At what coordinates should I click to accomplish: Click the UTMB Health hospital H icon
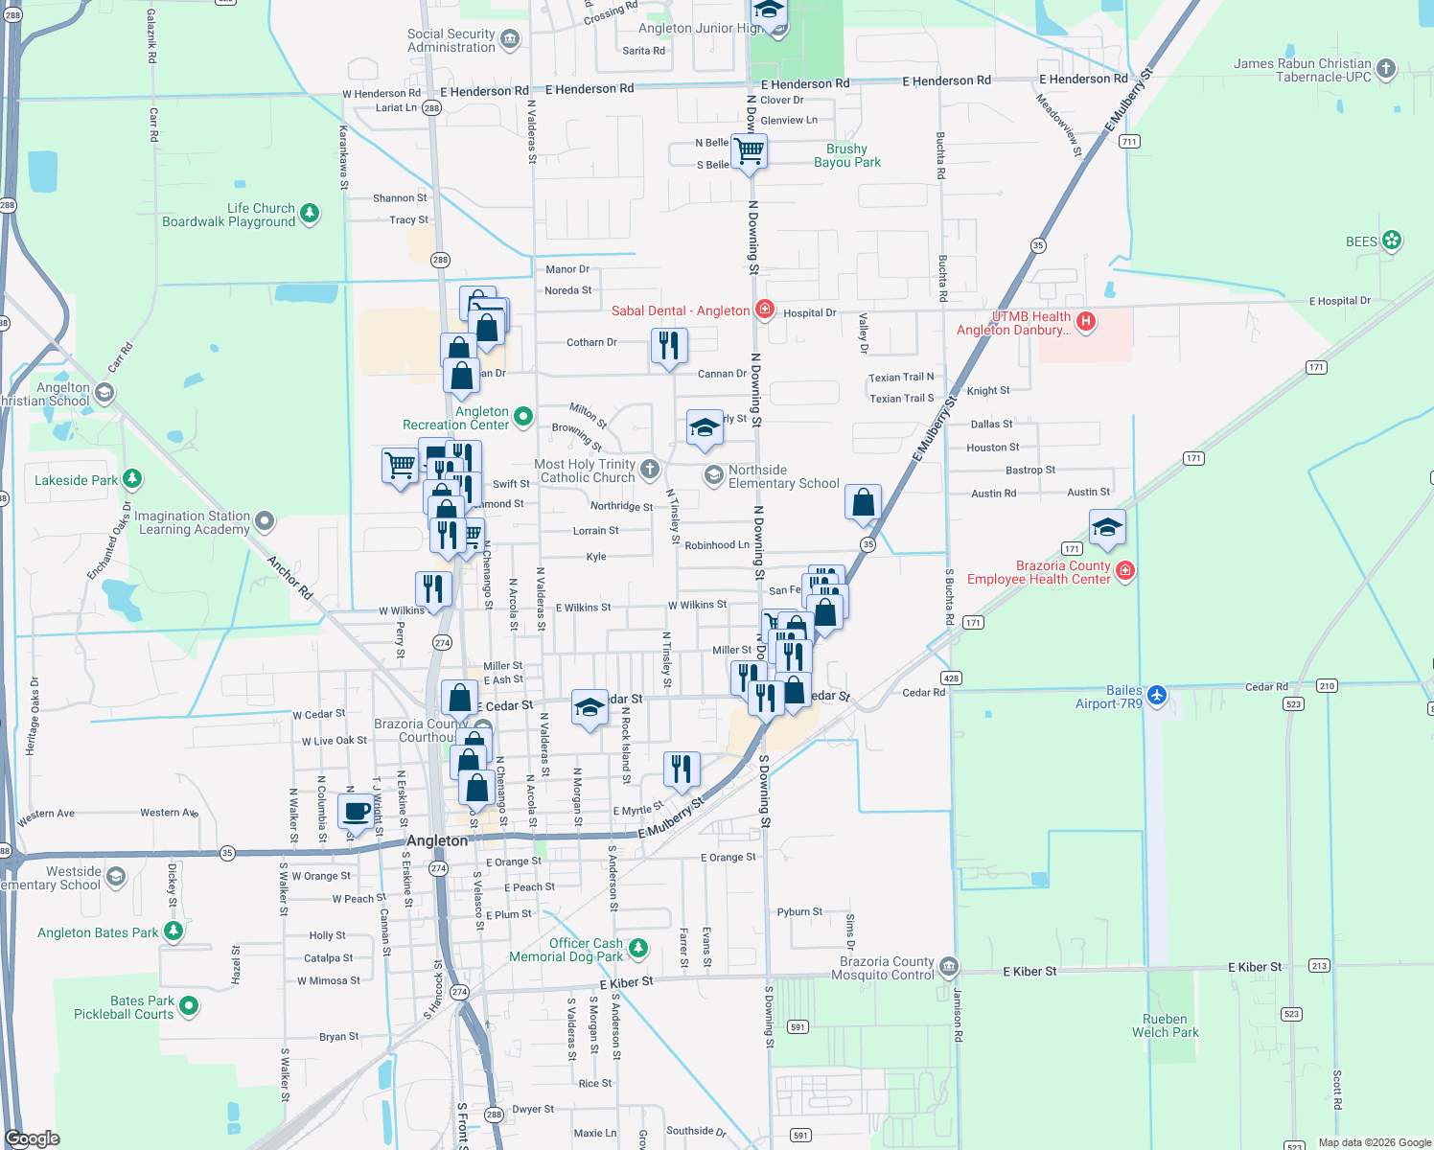point(1085,321)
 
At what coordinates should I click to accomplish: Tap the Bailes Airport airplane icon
point(1157,695)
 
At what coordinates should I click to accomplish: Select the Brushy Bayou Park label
point(846,155)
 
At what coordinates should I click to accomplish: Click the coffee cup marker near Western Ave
point(357,811)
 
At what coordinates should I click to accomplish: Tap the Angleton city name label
point(437,840)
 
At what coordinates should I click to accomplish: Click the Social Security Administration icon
point(510,39)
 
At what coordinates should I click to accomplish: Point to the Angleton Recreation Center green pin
point(522,416)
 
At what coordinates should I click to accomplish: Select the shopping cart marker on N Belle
point(749,150)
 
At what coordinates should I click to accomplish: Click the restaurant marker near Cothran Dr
point(669,344)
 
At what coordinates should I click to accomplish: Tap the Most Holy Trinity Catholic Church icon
point(650,469)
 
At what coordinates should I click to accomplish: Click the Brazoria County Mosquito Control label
point(887,968)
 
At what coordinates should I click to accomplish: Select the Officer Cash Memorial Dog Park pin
point(637,949)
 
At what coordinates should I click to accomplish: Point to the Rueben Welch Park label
point(1165,1025)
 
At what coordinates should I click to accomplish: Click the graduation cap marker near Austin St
point(1107,526)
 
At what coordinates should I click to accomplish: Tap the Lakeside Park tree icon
point(132,478)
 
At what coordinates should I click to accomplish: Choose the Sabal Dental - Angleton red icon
point(764,309)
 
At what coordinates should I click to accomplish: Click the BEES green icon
point(1392,241)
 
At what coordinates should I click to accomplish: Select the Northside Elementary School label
point(783,476)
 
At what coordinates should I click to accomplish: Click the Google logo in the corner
point(32,1138)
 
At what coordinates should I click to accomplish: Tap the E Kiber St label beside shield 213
point(1254,967)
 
